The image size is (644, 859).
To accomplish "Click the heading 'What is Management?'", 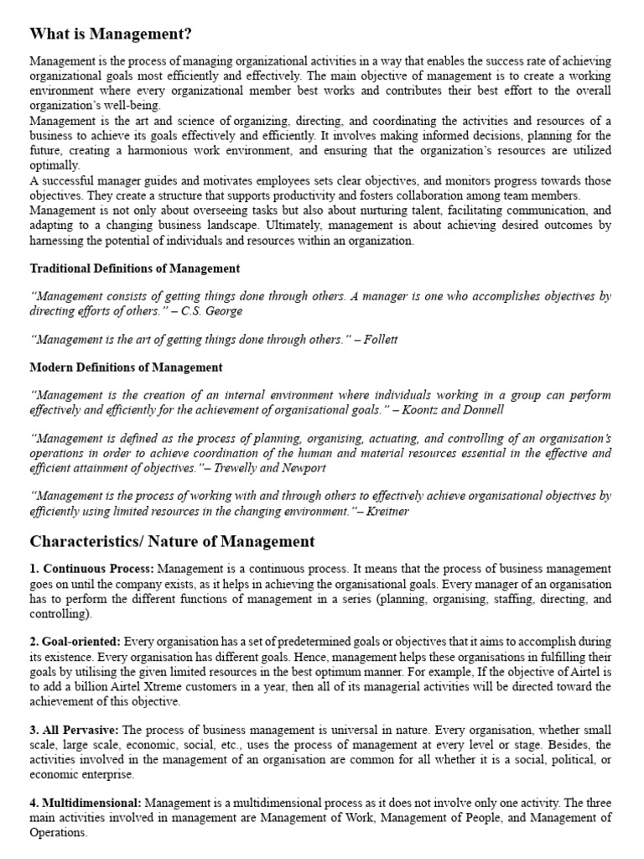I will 111,34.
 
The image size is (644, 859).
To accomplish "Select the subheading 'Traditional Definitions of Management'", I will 135,268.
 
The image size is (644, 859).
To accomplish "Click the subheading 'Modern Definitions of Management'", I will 126,367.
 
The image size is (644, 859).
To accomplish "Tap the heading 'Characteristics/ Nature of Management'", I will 172,541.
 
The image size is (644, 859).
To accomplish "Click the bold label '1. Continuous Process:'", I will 91,570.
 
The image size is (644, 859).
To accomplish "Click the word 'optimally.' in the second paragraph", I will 55,165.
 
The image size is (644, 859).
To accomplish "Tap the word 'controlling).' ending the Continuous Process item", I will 60,614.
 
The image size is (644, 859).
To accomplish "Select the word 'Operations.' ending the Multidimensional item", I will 58,832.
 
